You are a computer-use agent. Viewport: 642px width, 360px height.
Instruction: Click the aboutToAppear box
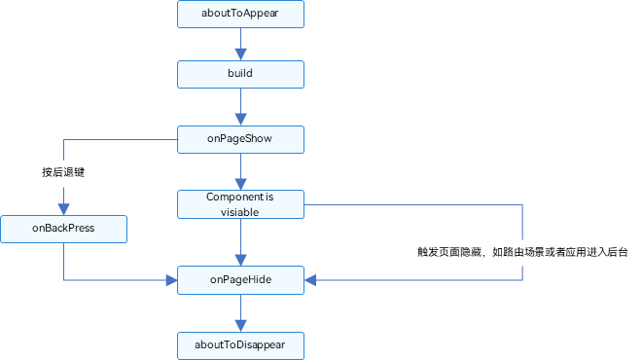click(x=240, y=15)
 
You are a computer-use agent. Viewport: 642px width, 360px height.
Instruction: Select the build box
click(x=240, y=73)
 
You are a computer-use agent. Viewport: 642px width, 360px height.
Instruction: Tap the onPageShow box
click(x=240, y=139)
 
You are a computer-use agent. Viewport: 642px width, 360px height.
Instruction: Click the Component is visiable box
click(x=240, y=204)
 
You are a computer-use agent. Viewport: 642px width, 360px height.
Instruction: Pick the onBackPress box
click(x=63, y=230)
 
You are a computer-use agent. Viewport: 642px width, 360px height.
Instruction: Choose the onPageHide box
click(x=240, y=280)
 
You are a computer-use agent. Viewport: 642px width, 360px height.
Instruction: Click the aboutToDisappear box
click(x=240, y=344)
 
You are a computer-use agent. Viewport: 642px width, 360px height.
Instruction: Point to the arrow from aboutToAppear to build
click(x=240, y=44)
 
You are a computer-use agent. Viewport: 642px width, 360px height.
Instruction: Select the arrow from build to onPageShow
click(x=240, y=106)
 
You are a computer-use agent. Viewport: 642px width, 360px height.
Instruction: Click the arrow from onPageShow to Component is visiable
click(x=240, y=171)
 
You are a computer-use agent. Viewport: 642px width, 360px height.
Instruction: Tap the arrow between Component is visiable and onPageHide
click(x=240, y=242)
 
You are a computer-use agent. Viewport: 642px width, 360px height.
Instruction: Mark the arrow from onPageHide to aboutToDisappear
click(x=240, y=312)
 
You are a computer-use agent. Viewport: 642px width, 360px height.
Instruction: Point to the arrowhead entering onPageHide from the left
click(x=171, y=280)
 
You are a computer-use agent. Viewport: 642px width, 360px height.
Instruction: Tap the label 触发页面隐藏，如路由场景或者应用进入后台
click(x=521, y=252)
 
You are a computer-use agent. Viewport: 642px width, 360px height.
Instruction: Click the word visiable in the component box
click(x=240, y=211)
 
